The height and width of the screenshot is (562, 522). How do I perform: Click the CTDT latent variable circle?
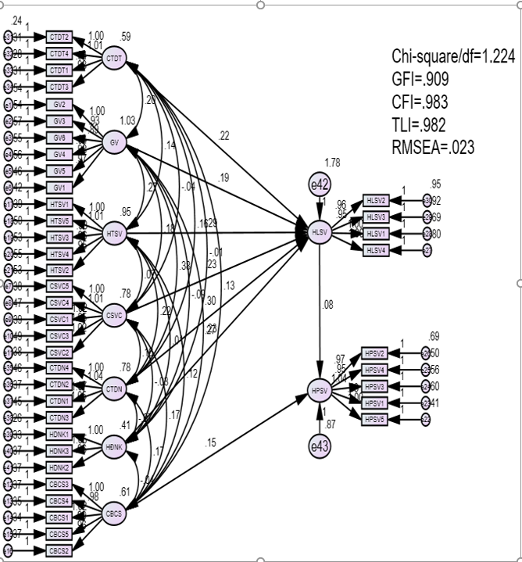click(x=115, y=59)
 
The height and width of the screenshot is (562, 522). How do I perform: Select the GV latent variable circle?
click(x=115, y=142)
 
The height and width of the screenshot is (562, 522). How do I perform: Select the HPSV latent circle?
click(x=320, y=390)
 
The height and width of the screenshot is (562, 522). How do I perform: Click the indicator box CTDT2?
click(x=59, y=37)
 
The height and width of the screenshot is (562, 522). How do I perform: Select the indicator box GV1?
click(x=59, y=188)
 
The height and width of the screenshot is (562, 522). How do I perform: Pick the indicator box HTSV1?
click(x=59, y=204)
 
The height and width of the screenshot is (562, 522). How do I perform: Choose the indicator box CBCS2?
click(x=59, y=550)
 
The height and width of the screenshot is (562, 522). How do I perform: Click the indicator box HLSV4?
click(x=377, y=249)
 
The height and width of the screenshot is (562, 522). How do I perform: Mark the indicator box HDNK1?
click(x=59, y=435)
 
